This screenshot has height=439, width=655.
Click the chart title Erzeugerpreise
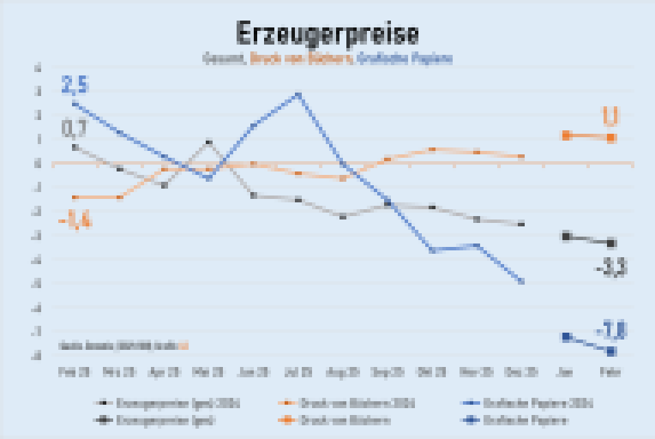coord(327,34)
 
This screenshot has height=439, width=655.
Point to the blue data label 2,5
coord(75,85)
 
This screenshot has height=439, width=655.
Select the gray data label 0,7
coord(74,128)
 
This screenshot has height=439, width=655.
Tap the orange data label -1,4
coord(75,222)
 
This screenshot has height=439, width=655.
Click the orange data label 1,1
coord(610,116)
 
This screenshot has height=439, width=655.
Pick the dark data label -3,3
coord(610,268)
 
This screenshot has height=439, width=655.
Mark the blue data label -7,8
coord(610,331)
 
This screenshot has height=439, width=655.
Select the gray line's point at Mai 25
coord(209,143)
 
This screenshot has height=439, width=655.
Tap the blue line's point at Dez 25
coord(521,281)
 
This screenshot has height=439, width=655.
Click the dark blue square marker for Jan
coord(567,337)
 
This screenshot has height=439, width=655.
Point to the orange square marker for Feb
coord(611,138)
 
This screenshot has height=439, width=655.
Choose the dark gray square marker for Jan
coord(567,237)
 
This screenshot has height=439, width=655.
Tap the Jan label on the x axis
coord(567,371)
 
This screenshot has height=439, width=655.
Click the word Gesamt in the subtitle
coord(224,59)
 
